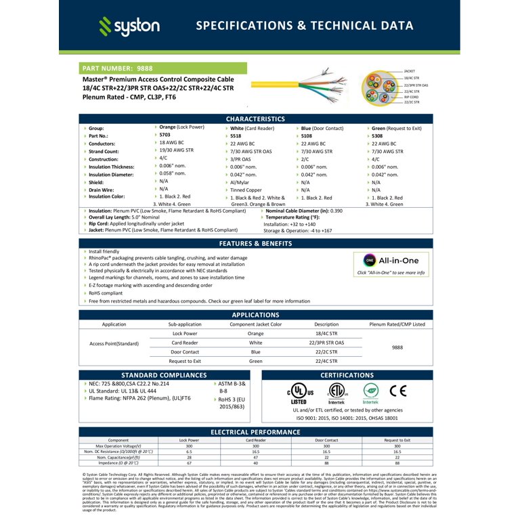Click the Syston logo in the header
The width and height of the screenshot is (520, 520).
(129, 26)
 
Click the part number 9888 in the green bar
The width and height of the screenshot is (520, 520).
(144, 68)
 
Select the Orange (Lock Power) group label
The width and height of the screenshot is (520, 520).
(181, 127)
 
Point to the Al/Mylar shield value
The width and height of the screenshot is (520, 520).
(241, 182)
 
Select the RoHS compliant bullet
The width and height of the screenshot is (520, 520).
(106, 293)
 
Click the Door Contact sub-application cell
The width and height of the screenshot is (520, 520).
(185, 352)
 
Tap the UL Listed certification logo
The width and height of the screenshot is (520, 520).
(299, 393)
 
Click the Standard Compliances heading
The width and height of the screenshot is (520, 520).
(165, 375)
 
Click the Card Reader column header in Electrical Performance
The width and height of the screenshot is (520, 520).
(255, 440)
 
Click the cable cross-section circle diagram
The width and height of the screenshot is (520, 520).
(376, 87)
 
